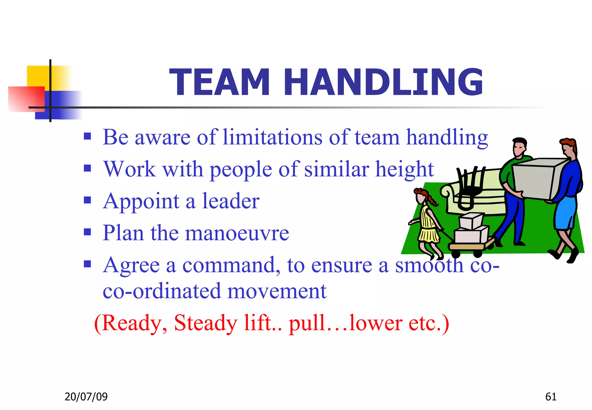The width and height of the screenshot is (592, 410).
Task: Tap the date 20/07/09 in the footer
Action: click(86, 397)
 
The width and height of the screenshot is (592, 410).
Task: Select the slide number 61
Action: click(551, 397)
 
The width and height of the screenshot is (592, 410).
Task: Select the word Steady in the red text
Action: click(206, 323)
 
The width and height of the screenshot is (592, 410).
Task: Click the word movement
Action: click(277, 291)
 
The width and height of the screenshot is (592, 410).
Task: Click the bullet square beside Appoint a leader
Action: click(87, 200)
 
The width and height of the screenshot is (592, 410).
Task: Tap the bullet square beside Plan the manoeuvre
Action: click(87, 232)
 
